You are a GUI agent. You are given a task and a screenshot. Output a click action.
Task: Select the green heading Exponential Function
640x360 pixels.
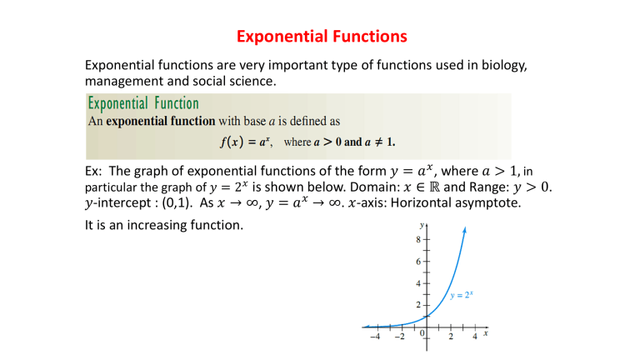[x=143, y=104]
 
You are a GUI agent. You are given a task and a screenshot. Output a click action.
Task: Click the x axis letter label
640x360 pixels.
[x=485, y=333]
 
